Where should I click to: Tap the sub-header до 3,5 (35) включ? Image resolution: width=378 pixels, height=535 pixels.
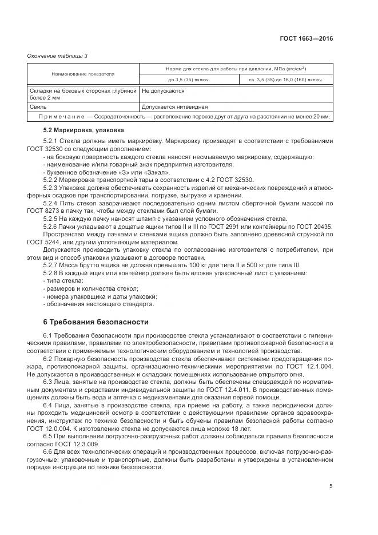(188, 80)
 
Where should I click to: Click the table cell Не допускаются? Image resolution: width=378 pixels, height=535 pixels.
(162, 91)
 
